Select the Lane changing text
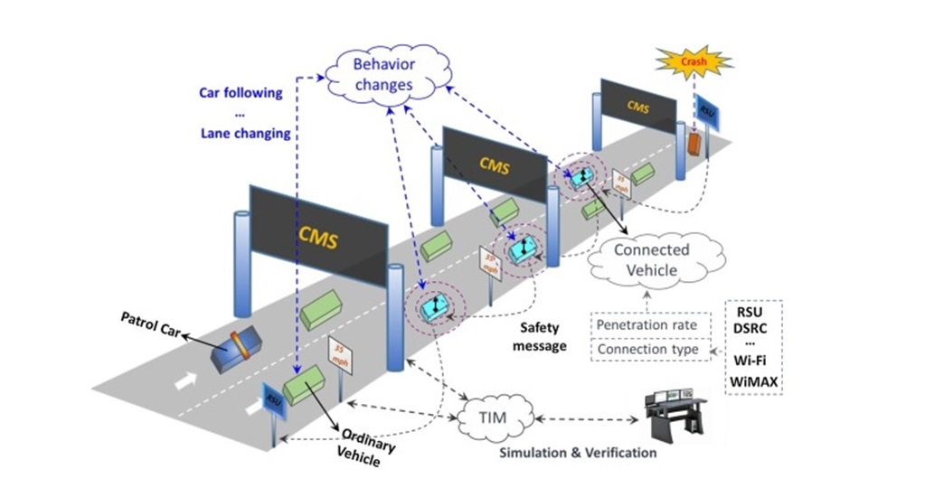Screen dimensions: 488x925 (245, 134)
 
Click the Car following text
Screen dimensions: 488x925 (240, 92)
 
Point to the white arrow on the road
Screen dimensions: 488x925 (185, 382)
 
